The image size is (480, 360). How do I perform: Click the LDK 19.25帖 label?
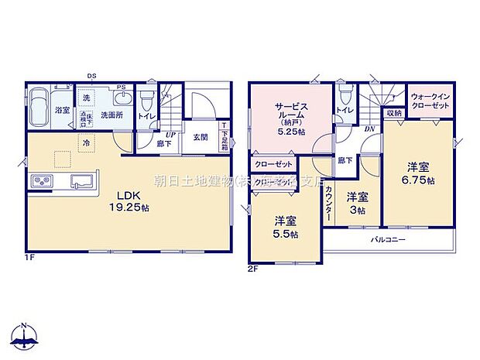coord(129,201)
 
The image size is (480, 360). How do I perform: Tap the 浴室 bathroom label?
coord(62,111)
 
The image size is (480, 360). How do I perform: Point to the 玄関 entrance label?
coord(200,138)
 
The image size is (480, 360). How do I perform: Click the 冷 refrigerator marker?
coord(87,143)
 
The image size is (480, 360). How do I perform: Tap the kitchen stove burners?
coord(42,181)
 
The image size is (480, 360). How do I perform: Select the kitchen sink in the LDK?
coord(82,181)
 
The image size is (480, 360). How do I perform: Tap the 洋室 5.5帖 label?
coord(283,225)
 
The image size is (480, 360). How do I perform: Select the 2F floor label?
coord(252,269)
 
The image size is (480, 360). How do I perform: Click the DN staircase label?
coord(369,129)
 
